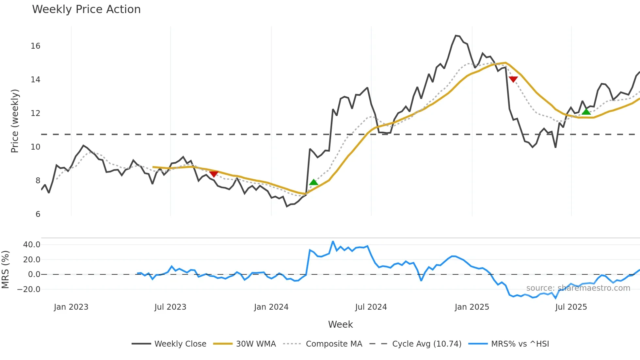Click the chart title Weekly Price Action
(x=86, y=9)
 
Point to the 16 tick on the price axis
(x=36, y=46)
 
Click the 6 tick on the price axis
(x=38, y=214)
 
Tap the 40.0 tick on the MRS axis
(x=32, y=245)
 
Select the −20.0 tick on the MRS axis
(x=29, y=289)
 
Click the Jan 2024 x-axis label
(x=271, y=307)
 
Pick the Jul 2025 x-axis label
(x=571, y=307)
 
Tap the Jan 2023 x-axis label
(x=71, y=307)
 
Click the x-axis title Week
(x=340, y=324)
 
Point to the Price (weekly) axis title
(x=15, y=121)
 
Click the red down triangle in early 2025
(x=513, y=79)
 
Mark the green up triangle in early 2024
(x=313, y=182)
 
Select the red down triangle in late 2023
(x=214, y=174)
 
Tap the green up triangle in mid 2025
(x=586, y=112)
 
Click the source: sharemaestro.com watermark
(x=578, y=288)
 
